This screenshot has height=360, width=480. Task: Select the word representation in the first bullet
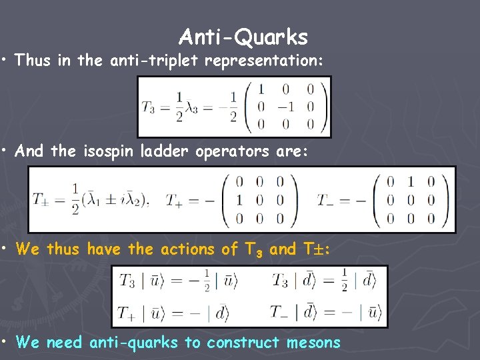264,61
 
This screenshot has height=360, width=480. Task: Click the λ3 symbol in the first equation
194,107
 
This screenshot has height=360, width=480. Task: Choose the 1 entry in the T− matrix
412,181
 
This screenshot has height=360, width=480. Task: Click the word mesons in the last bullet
313,343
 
